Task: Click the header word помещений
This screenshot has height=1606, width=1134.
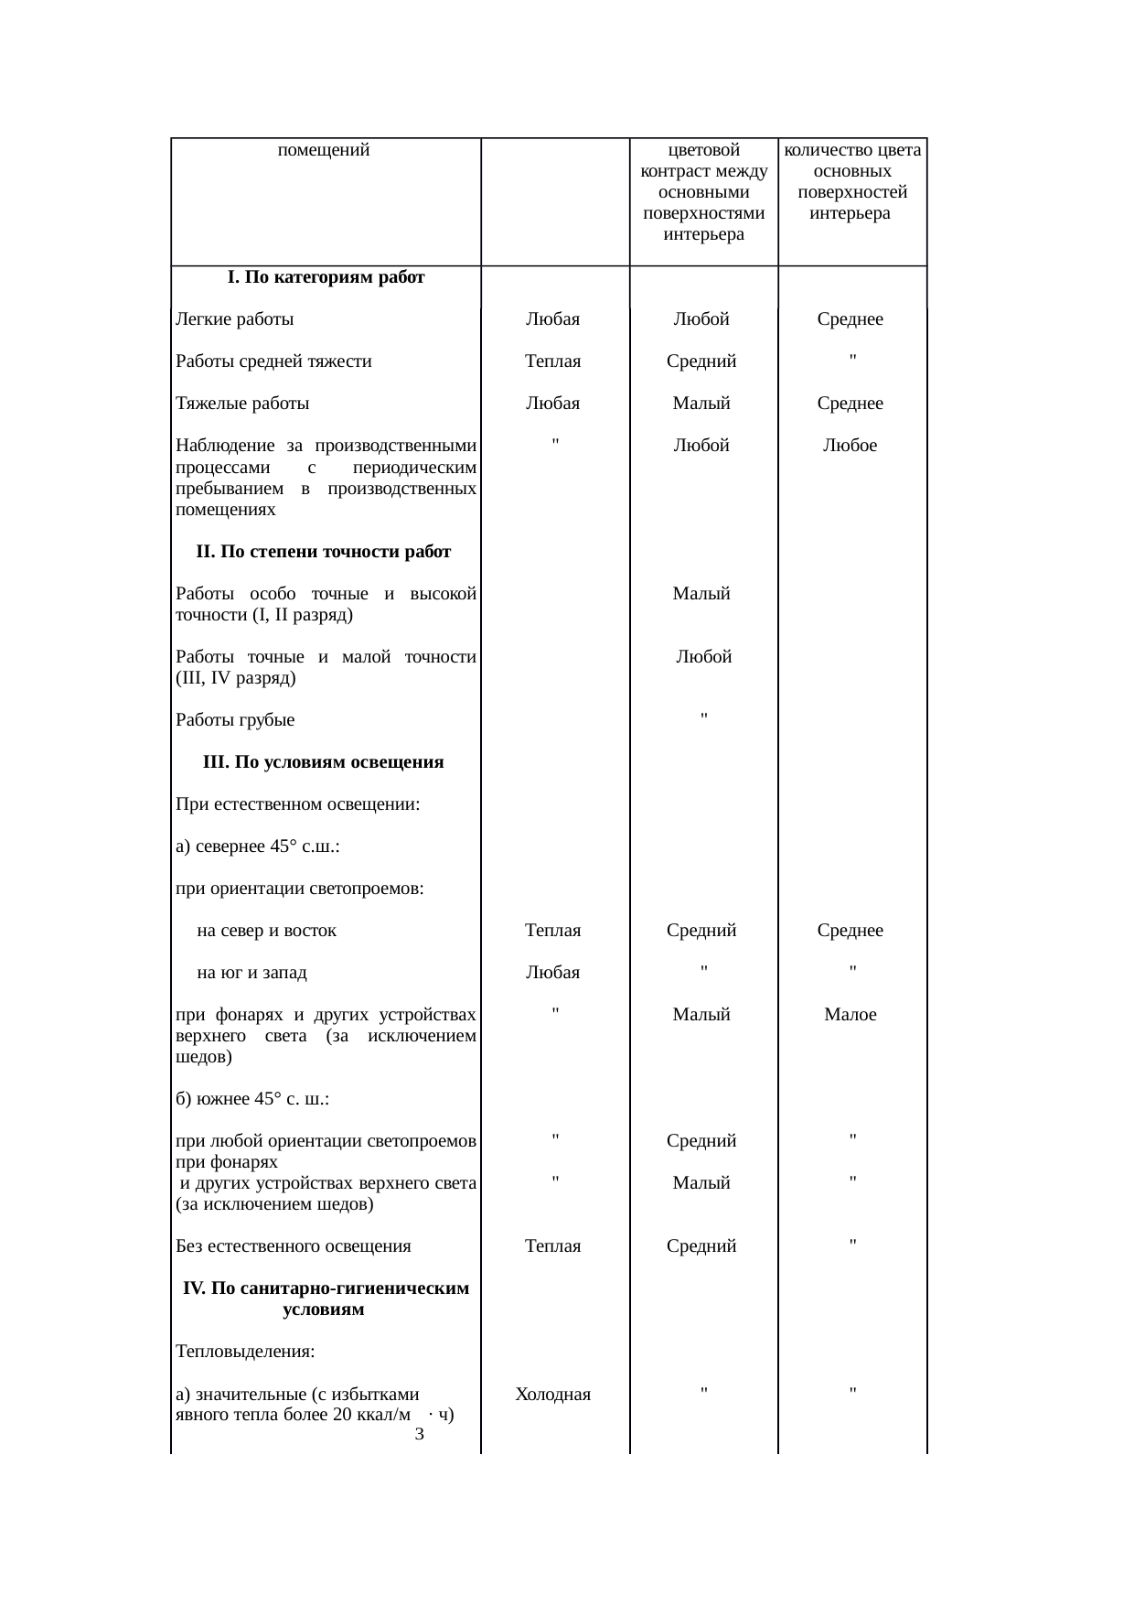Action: coord(323,150)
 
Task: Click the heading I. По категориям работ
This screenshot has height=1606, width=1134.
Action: coord(326,277)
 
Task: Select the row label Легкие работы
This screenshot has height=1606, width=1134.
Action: coord(235,319)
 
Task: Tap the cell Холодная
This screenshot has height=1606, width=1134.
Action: coord(552,1395)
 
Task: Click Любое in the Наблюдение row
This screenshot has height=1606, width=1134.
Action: coord(850,446)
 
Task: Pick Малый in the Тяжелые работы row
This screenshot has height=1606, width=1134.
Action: coord(701,404)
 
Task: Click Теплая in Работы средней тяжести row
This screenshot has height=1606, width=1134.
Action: coord(552,361)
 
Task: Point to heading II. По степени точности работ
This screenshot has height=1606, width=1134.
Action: coord(324,552)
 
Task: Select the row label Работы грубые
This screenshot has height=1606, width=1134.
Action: coord(235,720)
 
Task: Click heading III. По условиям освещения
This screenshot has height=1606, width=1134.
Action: coord(324,762)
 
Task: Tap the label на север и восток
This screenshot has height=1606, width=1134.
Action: coord(267,931)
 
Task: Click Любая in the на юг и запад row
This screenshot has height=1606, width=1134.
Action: coord(552,973)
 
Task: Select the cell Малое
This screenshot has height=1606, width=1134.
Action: coord(850,1015)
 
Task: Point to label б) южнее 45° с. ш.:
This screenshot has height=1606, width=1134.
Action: coord(252,1099)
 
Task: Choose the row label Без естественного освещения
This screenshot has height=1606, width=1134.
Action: coord(294,1246)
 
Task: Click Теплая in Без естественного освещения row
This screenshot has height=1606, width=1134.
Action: coord(552,1246)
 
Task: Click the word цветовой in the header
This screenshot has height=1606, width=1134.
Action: coord(703,150)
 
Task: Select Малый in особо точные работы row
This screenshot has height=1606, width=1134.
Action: coord(701,594)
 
